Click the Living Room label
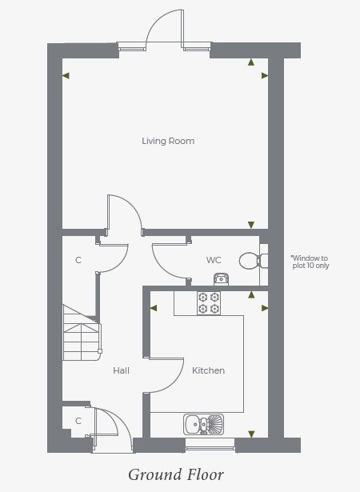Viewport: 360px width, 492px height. coord(168,141)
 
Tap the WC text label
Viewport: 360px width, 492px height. coord(214,260)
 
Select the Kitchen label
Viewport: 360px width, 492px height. coord(209,370)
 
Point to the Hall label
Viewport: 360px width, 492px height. coord(121,370)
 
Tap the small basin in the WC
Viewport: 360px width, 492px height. coord(221,279)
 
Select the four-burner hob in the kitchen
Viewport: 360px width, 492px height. coord(209,303)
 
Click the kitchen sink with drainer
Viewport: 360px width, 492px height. coord(204,424)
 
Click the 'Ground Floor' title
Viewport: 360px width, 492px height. coord(176,474)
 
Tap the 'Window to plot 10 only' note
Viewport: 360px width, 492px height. coord(310,262)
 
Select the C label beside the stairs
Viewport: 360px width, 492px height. coord(78,260)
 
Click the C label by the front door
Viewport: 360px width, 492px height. coord(78,421)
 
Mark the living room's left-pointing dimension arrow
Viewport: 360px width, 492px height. coord(66,76)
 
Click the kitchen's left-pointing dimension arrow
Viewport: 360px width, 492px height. coord(154,308)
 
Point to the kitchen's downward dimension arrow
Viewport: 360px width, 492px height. coord(251,434)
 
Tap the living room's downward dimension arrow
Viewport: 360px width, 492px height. coord(251,225)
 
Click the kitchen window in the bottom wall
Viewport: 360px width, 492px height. coord(210,446)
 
